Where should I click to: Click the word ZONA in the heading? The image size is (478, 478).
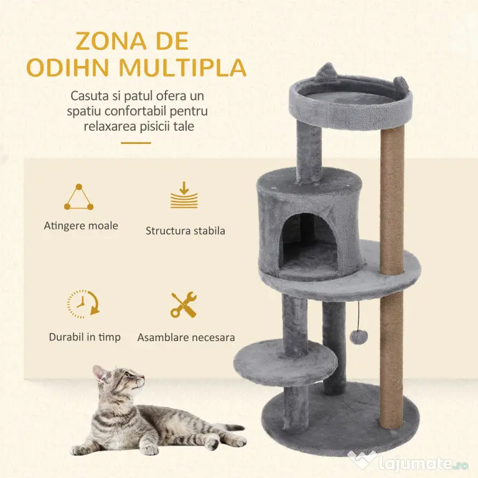click(111, 41)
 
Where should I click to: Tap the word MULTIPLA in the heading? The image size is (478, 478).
click(182, 68)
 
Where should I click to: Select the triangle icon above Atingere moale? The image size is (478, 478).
click(78, 197)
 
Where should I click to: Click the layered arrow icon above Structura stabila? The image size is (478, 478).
click(184, 195)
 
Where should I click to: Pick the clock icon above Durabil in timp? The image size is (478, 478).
click(83, 304)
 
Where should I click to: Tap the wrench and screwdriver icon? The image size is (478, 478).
click(184, 304)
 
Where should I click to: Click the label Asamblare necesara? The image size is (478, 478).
click(186, 337)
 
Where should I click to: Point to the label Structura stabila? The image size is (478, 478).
click(185, 231)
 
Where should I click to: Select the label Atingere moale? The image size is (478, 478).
click(81, 226)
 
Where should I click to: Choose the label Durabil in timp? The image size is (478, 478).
click(85, 337)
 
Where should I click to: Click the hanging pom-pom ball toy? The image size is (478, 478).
click(358, 337)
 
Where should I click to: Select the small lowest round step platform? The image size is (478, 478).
click(285, 363)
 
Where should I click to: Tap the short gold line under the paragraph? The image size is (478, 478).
click(136, 143)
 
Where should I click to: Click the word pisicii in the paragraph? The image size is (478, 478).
click(153, 126)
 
